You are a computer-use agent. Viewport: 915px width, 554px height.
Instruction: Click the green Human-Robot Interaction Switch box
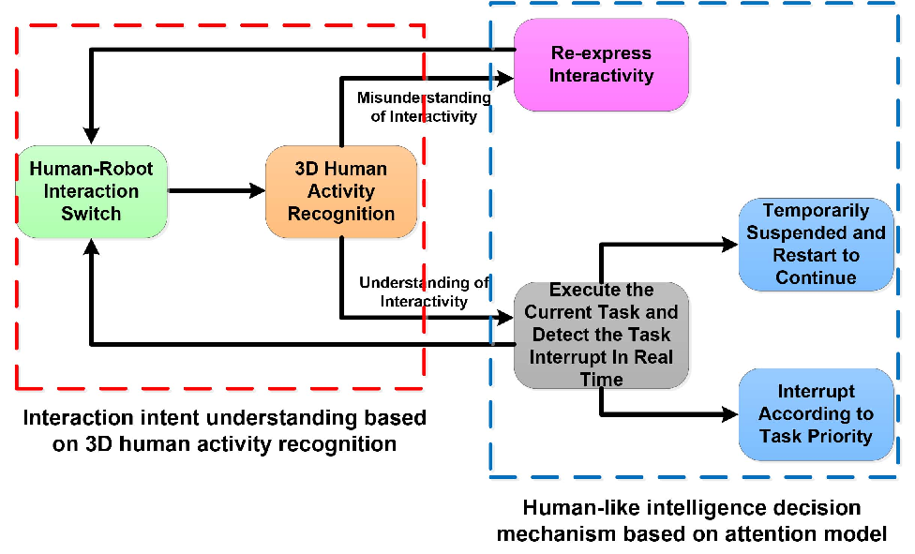(x=92, y=191)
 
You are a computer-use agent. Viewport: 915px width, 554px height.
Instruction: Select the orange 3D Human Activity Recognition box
(x=341, y=191)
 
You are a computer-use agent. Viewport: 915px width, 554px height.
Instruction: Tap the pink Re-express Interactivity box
(x=601, y=65)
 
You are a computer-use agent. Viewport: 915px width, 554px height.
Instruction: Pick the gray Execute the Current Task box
(x=601, y=335)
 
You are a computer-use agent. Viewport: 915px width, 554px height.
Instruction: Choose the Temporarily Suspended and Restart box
(x=816, y=244)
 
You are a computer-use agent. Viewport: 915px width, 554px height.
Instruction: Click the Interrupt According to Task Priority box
(x=816, y=414)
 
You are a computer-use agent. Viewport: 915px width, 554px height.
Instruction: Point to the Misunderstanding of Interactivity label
(x=424, y=107)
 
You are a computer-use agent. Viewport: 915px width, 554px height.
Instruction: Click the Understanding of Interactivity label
(x=424, y=292)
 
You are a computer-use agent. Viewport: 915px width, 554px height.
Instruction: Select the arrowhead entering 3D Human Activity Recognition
(x=257, y=190)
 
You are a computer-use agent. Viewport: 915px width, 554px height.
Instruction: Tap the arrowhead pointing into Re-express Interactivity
(x=505, y=77)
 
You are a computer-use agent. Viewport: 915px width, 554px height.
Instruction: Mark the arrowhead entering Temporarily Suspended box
(x=730, y=244)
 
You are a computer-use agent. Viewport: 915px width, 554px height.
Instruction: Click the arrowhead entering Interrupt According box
(x=730, y=414)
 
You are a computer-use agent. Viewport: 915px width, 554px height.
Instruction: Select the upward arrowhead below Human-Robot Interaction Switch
(x=91, y=247)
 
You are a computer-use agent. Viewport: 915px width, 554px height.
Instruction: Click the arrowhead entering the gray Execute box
(x=505, y=318)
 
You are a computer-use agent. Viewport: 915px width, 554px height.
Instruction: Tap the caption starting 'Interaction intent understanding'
(x=225, y=431)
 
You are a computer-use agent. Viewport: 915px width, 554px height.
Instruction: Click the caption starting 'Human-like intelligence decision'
(x=692, y=521)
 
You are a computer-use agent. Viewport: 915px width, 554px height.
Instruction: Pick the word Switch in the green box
(x=91, y=214)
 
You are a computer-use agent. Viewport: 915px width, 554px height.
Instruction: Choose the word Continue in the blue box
(x=816, y=277)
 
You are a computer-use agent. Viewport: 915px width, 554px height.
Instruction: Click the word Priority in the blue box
(x=835, y=436)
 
